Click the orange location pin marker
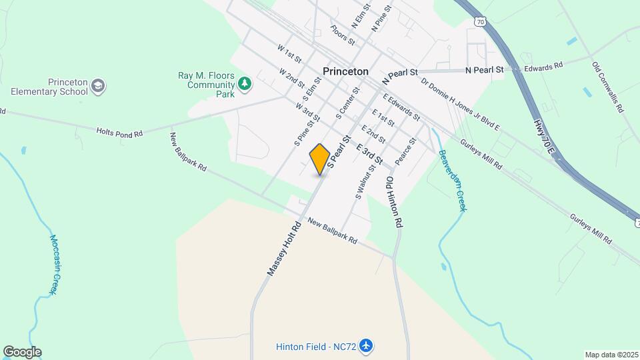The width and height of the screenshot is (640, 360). tap(320, 159)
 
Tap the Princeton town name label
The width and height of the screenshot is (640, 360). tap(345, 71)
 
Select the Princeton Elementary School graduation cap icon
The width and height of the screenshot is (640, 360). tap(99, 85)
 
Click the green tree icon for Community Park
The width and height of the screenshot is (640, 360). tap(245, 83)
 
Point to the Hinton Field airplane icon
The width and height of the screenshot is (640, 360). tap(365, 346)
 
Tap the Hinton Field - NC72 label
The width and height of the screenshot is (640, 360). tap(316, 346)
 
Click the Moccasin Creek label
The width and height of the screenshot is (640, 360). tap(52, 264)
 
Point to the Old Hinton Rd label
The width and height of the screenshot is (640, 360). tap(394, 203)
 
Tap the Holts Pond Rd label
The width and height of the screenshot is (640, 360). tap(120, 133)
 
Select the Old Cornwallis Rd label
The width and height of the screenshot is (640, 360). tap(607, 87)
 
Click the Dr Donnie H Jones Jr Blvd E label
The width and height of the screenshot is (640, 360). tap(460, 105)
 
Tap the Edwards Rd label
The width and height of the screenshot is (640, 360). tap(543, 67)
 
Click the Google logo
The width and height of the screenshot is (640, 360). tap(22, 352)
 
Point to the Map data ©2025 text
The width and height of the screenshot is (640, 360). tap(611, 355)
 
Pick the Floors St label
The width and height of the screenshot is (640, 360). tap(342, 35)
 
